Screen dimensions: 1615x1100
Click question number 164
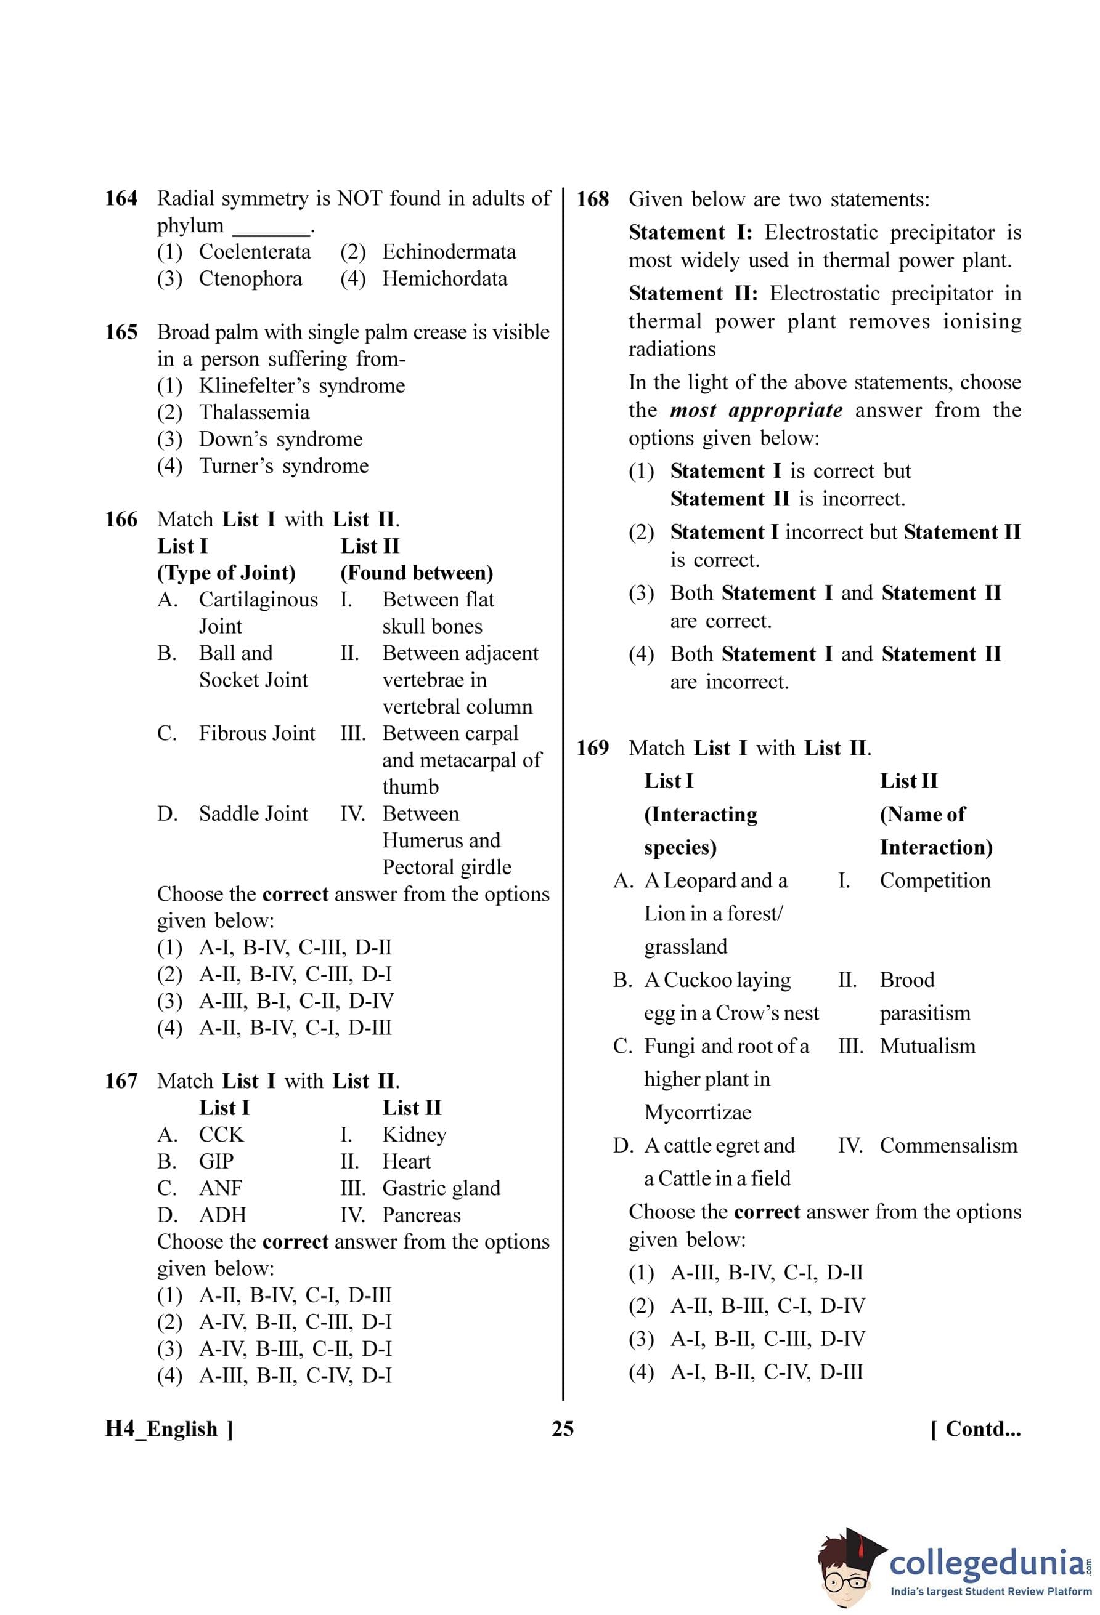click(x=121, y=199)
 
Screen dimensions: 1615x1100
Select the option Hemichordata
click(x=444, y=279)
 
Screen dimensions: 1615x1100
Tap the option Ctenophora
click(x=250, y=279)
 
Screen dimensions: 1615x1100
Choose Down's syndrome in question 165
click(x=280, y=439)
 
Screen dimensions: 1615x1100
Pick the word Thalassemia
click(x=254, y=413)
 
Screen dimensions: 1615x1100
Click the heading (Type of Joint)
click(x=226, y=573)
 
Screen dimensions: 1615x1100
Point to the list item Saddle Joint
click(x=253, y=814)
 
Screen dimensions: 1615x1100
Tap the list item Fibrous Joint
click(x=256, y=733)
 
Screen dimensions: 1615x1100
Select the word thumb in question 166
click(x=410, y=787)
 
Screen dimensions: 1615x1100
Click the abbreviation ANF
click(x=221, y=1188)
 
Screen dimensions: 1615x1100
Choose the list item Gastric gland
click(x=441, y=1188)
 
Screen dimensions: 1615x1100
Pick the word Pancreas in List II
click(x=422, y=1215)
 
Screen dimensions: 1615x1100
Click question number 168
click(x=592, y=199)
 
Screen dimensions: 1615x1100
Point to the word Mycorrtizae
click(x=698, y=1113)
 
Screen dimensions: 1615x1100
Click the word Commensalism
click(x=948, y=1145)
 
